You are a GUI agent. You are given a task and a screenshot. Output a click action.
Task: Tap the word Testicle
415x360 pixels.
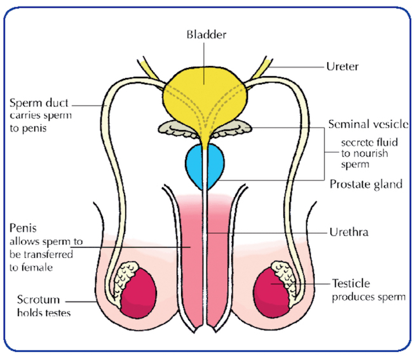tap(351, 283)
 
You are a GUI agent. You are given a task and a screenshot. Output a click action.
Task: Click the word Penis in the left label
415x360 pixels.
tap(22, 227)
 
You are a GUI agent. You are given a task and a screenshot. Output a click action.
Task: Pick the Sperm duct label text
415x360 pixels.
tap(38, 102)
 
